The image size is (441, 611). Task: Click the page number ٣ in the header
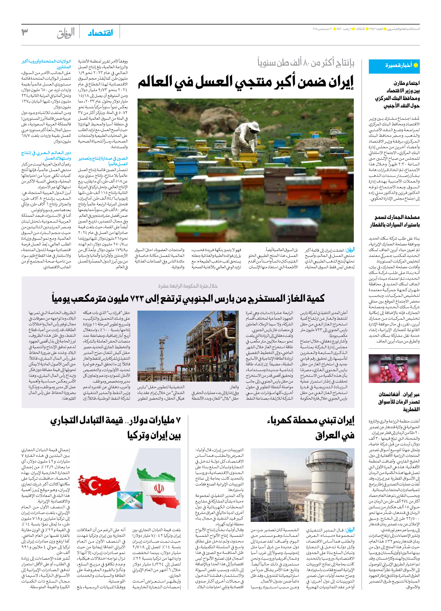coord(25,32)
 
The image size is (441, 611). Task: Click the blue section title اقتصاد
coord(101,33)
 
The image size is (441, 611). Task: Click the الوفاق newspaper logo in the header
coord(66,33)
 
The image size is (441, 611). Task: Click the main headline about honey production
coord(246,82)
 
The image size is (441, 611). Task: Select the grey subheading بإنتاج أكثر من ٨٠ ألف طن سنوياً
coord(306,63)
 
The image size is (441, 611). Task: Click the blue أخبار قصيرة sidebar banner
coord(394,66)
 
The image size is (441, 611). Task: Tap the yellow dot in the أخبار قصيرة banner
coord(416,66)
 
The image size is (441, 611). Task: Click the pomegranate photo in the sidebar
coord(394,369)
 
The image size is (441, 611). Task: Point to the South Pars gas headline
coord(188,299)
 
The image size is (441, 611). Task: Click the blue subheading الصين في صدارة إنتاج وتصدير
coord(103,161)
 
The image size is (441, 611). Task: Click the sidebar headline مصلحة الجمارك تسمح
coord(394,221)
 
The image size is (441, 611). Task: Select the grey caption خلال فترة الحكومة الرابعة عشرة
coord(188,286)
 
